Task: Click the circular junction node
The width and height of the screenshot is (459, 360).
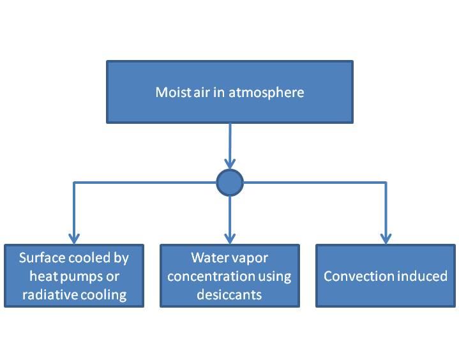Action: click(230, 183)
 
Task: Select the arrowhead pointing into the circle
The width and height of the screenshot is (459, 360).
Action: click(230, 164)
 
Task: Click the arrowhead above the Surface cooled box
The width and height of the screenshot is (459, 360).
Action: click(74, 239)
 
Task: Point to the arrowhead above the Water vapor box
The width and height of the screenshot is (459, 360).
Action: click(230, 239)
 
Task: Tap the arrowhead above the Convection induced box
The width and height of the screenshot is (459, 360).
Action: click(386, 239)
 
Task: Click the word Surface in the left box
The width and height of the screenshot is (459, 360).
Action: click(42, 258)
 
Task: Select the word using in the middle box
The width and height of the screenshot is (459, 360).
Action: click(276, 276)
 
